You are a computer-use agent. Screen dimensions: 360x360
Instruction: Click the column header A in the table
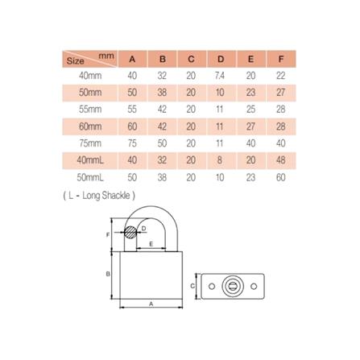[x=133, y=59]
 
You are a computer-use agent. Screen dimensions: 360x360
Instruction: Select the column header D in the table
[x=221, y=59]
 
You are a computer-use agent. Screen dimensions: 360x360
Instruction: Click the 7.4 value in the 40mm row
[x=221, y=75]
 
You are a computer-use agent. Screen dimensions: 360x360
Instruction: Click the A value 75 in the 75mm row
[x=133, y=142]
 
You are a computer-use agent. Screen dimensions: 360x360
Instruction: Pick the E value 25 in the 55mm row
[x=250, y=108]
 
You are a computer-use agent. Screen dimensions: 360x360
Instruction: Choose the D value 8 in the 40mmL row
[x=221, y=159]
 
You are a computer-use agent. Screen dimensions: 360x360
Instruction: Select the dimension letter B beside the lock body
[x=109, y=274]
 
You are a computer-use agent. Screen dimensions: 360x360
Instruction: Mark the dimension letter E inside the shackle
[x=151, y=242]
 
